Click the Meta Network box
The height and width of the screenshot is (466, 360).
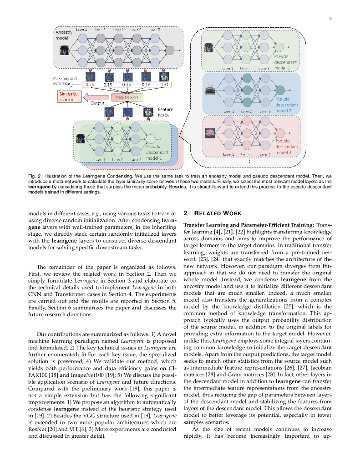[127, 97]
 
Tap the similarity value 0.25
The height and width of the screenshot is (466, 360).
[90, 85]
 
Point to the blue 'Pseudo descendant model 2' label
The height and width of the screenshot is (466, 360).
[286, 105]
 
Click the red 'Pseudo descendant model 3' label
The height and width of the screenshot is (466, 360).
[286, 147]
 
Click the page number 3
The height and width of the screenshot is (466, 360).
[330, 18]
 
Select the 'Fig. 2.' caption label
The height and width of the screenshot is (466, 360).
[35, 175]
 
